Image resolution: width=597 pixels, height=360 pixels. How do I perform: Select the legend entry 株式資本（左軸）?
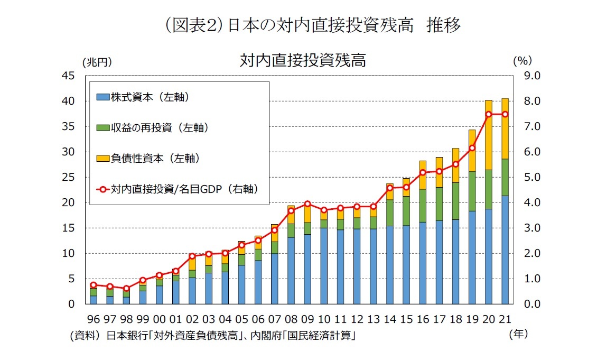coord(150,97)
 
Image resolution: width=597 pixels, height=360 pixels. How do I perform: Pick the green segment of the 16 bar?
coord(423,206)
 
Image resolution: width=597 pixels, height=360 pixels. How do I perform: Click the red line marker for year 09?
coord(307,204)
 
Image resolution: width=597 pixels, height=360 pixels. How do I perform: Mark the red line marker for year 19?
coord(472,148)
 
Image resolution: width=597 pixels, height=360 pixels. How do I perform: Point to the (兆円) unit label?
coord(98,62)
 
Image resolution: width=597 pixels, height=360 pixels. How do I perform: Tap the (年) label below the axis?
coord(518,334)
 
